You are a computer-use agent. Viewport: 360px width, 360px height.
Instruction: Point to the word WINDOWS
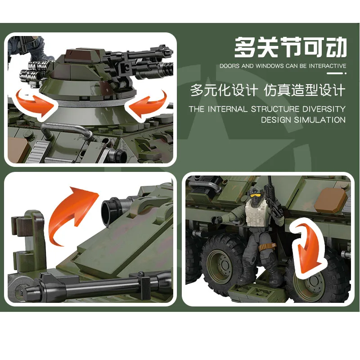click(x=270, y=66)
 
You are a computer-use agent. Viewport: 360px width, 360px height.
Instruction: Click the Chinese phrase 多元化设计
click(x=224, y=90)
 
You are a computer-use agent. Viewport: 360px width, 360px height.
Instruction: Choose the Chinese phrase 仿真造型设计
click(x=306, y=90)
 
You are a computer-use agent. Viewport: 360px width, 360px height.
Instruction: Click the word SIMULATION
click(x=320, y=120)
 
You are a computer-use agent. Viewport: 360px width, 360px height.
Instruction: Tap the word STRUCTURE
click(x=275, y=109)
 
